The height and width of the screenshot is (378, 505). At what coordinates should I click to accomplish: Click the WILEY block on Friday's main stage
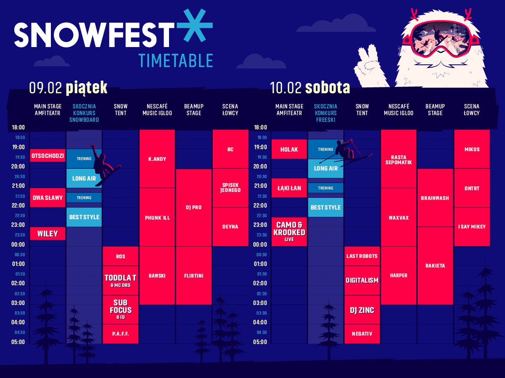coord(48,234)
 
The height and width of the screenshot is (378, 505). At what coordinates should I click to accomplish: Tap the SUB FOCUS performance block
coord(121,310)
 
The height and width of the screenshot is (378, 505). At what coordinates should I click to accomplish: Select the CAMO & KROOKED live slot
coord(289,231)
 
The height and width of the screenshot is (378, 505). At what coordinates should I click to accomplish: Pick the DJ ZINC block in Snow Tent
coord(362,310)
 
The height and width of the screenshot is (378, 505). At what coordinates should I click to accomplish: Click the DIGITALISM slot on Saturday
coord(362,280)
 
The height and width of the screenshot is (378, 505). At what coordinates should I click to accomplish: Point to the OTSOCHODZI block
coord(48,155)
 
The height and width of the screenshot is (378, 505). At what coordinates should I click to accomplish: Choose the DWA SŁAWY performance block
coord(48,198)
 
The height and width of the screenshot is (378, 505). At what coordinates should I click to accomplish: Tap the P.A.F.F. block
coord(121,334)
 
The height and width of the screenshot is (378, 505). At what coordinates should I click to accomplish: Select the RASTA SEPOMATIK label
coord(399,160)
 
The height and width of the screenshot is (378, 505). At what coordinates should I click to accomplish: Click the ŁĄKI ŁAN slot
coord(289,188)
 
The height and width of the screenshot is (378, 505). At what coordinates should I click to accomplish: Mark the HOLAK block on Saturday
coord(289,149)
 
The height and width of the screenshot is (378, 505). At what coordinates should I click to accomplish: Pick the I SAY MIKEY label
coord(472,226)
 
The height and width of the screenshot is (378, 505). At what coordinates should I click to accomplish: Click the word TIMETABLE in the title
coord(176,60)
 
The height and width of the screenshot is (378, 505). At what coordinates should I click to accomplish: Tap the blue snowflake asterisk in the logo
coord(195,26)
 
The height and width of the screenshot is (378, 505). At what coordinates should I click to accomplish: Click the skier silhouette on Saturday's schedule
coord(346,152)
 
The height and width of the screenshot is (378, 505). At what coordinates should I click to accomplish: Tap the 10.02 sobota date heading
coord(310,88)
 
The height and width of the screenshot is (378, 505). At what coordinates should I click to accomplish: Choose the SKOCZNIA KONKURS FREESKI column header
coord(325,113)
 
